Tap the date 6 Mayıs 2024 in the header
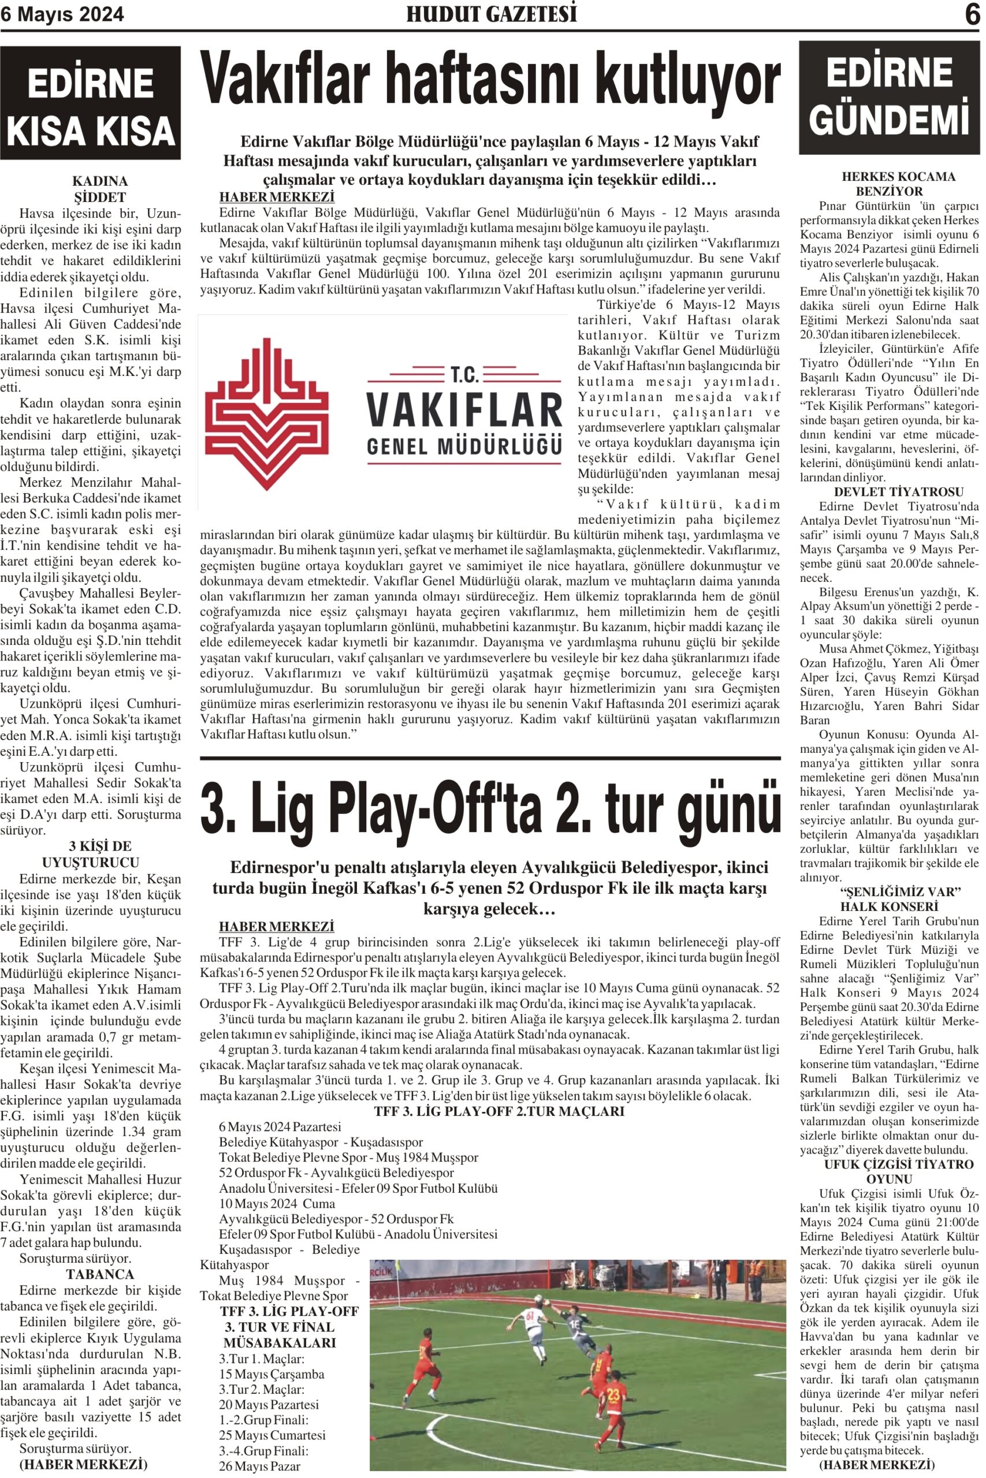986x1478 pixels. point(62,14)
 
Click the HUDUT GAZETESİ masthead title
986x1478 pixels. point(491,14)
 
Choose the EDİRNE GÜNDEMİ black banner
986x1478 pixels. point(889,98)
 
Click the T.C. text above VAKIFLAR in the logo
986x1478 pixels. point(464,375)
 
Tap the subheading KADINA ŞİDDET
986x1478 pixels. point(100,189)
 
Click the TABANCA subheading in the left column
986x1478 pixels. point(100,1257)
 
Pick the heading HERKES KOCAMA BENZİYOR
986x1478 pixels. point(889,184)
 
